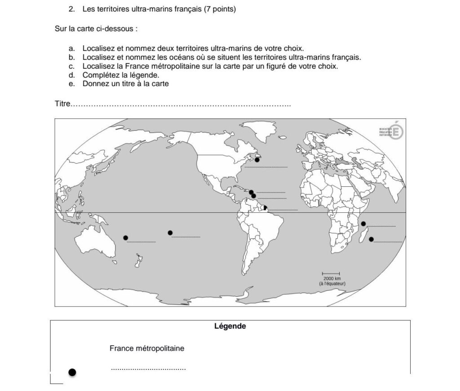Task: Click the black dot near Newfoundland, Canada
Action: point(257,160)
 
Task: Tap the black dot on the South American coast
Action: point(265,207)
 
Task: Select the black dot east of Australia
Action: point(126,237)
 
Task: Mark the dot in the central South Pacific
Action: point(170,233)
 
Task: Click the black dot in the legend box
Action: point(72,372)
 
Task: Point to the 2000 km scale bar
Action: point(331,273)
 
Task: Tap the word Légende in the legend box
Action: point(230,326)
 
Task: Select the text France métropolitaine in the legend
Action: point(147,348)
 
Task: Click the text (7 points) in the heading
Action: point(220,9)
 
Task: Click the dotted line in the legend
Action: point(148,369)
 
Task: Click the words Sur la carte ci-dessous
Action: point(96,29)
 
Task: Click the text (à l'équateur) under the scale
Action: point(332,284)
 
